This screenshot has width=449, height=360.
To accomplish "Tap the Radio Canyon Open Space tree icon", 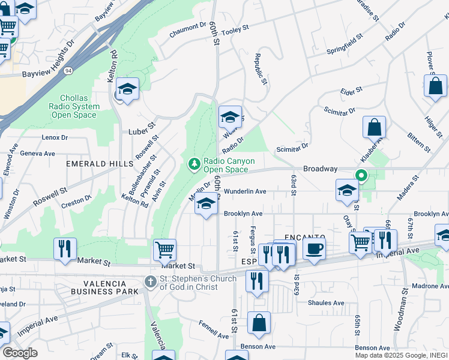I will tap(194, 163).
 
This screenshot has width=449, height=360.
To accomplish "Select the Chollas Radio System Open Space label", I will tap(77, 107).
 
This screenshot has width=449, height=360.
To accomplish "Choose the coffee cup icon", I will tap(314, 248).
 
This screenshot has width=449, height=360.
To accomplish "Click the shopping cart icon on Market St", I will tap(164, 250).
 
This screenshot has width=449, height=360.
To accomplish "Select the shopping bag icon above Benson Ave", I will tap(259, 323).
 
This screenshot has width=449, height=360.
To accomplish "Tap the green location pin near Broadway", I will tap(361, 176).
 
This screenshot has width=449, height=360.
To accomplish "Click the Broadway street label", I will tap(320, 169).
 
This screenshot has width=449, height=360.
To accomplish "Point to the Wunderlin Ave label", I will tap(245, 192).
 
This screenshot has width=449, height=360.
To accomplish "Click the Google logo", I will tap(19, 353).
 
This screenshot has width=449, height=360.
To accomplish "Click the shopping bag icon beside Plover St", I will tap(435, 85).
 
